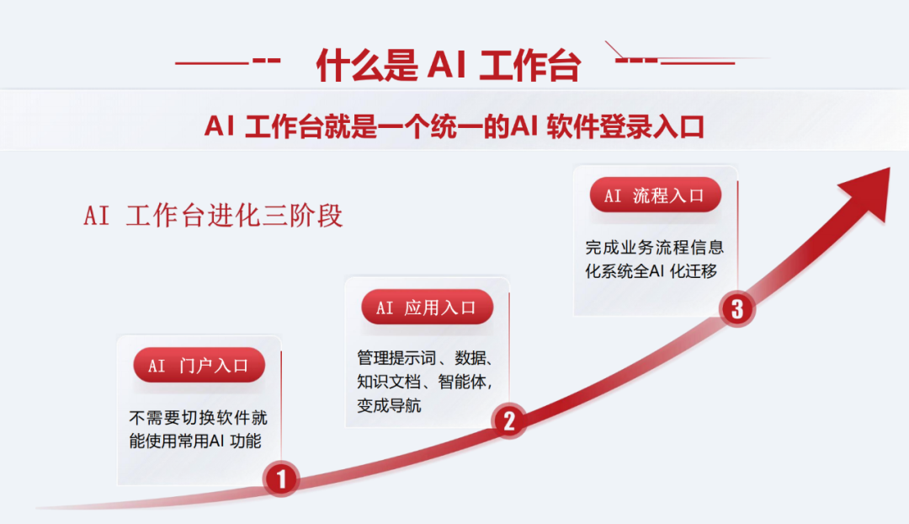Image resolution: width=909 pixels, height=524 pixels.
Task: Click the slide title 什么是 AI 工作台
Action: point(448,65)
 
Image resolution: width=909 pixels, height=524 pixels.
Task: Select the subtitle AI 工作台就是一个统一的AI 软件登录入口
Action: point(454,126)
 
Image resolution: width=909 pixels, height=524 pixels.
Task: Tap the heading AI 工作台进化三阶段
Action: point(213,216)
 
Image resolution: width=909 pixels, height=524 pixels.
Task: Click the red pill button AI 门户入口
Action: point(199,365)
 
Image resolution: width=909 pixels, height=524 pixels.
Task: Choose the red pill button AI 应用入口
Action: point(428,307)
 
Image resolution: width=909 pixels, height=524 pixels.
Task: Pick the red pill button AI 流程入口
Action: point(656,195)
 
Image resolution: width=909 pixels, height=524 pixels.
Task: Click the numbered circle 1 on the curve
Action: point(281,479)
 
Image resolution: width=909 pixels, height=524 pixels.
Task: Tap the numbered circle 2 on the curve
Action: point(509,420)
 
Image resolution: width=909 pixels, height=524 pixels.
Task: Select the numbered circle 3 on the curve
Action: point(736,308)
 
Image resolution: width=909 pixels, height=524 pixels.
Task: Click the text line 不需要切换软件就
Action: point(199,418)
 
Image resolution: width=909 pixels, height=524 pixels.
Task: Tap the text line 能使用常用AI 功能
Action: point(195,441)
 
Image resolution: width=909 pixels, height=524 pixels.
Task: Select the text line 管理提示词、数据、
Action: point(425,358)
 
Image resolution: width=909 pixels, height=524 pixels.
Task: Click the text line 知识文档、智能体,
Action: point(425,382)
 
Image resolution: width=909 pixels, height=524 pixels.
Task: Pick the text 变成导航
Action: point(389,405)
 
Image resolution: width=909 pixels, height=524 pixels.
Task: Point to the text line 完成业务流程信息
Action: point(655,248)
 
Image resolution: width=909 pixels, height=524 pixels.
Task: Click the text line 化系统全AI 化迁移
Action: point(651,271)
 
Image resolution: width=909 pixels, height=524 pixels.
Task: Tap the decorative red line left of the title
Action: point(228,61)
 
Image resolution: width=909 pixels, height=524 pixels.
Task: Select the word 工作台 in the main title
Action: point(530,66)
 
